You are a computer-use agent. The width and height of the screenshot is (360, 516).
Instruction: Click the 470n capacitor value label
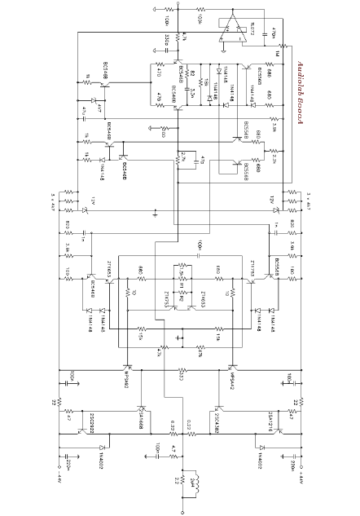point(273,35)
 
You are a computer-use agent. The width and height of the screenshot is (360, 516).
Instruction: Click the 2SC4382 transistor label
point(219,422)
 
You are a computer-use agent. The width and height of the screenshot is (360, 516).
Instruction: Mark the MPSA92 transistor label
point(129,383)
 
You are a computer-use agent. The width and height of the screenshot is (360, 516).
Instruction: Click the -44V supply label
point(58,473)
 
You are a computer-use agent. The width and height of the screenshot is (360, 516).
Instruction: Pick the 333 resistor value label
point(181,377)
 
